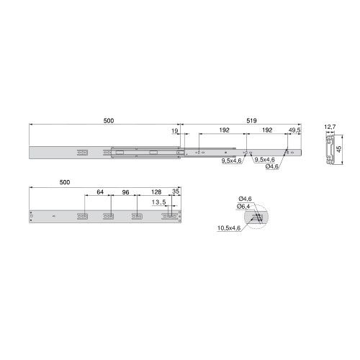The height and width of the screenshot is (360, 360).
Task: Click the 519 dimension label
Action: click(251, 121)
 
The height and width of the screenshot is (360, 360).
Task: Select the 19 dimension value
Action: click(175, 131)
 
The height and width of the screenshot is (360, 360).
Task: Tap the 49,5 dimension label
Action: click(294, 130)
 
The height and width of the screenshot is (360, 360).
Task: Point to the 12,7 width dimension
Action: click(330, 127)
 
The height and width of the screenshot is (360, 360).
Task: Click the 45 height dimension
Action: click(339, 149)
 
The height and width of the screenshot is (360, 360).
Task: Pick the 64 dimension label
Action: click(100, 192)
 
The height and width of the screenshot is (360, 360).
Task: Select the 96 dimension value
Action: click(125, 192)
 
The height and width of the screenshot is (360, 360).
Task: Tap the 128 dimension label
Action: click(156, 192)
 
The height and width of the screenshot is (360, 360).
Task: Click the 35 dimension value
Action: click(176, 192)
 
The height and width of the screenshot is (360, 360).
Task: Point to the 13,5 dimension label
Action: click(158, 202)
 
